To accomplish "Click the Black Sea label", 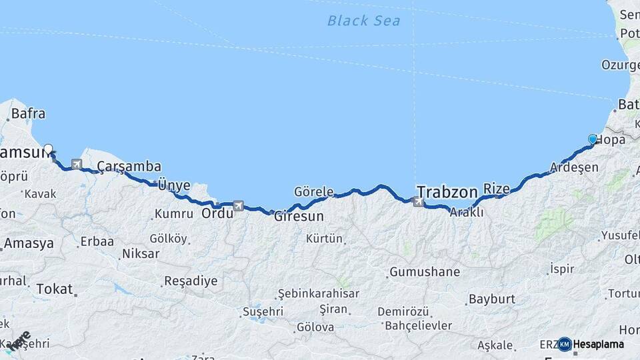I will click(x=363, y=21).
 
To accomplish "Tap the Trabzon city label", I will click(x=446, y=189).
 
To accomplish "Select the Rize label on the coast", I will click(x=496, y=189).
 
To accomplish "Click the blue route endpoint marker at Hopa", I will click(x=592, y=139).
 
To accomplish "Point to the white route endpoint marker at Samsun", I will click(x=48, y=149).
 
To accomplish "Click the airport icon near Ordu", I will click(x=238, y=205).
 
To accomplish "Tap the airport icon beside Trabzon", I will click(x=419, y=201).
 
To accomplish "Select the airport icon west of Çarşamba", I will click(x=76, y=164).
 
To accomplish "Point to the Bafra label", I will click(x=27, y=114).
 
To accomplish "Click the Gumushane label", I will click(x=425, y=272).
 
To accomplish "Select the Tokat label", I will click(x=55, y=289).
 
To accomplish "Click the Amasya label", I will click(x=29, y=244).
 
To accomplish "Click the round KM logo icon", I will click(x=564, y=344).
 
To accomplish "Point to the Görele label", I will click(x=313, y=192).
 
